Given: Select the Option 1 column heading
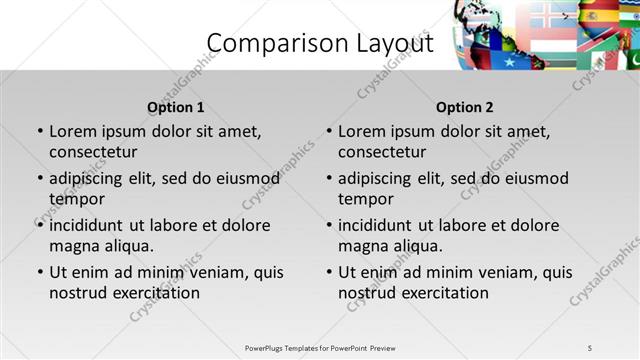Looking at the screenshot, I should [176, 107].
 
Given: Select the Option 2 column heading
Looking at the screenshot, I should [465, 107].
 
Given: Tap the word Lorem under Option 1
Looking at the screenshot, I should [71, 131].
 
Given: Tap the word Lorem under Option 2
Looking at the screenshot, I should [360, 131].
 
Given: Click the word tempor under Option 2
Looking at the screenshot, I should [366, 199].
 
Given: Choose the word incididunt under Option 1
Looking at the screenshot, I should [92, 225].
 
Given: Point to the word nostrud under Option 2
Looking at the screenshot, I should [367, 293].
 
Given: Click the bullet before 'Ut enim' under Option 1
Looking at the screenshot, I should [40, 272].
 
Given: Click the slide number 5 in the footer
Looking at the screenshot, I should [590, 348].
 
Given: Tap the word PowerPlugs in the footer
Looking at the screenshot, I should [267, 348].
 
